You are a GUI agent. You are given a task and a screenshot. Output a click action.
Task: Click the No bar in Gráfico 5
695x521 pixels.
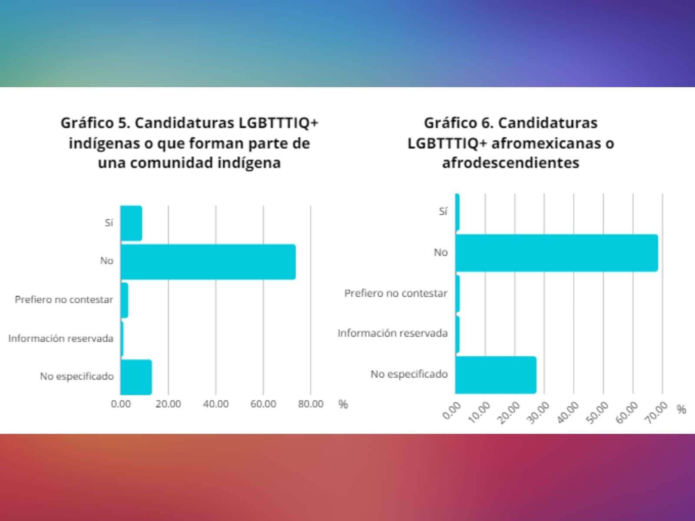point(208,262)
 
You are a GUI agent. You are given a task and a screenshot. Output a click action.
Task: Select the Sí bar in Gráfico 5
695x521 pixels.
point(131,223)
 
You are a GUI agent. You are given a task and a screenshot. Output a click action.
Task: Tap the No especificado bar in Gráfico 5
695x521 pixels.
point(136,377)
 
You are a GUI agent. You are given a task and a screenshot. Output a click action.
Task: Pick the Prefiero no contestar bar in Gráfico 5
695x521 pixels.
point(124,300)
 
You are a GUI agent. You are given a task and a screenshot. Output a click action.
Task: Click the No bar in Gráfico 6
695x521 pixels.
point(556,253)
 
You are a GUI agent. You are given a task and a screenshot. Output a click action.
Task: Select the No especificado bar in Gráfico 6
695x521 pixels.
point(496,375)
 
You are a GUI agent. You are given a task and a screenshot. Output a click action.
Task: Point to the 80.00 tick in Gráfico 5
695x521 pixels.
point(311,404)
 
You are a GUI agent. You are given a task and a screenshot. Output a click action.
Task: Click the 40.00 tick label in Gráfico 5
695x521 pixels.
point(216,404)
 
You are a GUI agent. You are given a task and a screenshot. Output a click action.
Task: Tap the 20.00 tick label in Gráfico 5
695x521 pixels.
point(169,404)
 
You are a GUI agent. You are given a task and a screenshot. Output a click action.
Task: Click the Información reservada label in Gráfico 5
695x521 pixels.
point(61,338)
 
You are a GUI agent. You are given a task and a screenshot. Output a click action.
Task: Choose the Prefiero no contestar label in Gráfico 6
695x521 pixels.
point(396,293)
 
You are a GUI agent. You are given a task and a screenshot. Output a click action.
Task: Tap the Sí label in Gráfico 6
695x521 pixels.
point(443,212)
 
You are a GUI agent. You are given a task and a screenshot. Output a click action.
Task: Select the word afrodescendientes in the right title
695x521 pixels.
point(510,163)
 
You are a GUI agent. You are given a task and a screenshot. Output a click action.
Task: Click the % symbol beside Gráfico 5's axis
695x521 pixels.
point(343,404)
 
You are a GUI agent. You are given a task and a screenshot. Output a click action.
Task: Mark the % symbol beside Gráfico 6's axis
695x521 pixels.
point(682,409)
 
